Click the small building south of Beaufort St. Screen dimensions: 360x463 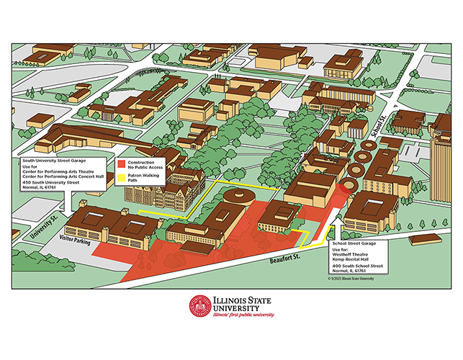[x=426, y=238]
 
